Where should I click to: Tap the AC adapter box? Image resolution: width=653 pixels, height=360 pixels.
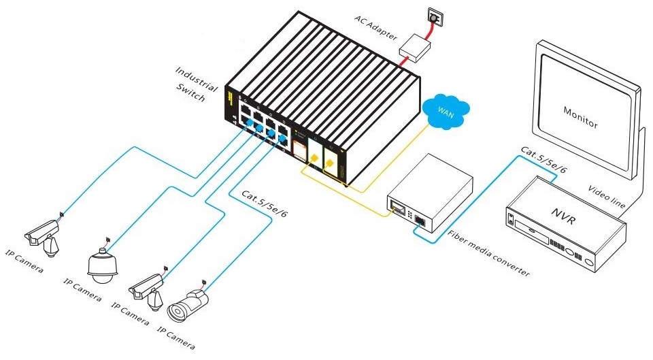pyautogui.click(x=415, y=48)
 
